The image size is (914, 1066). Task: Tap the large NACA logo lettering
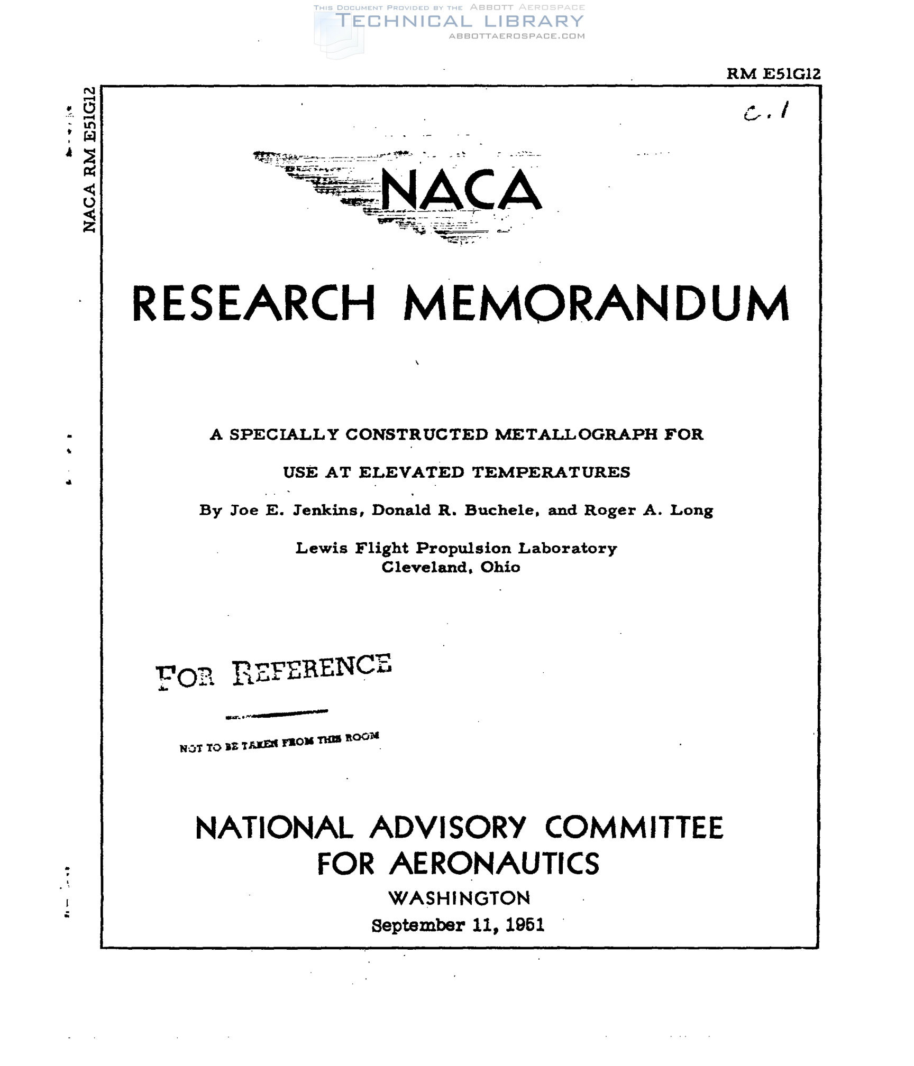(461, 190)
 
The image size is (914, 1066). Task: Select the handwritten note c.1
(766, 112)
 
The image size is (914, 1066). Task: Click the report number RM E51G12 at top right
(773, 74)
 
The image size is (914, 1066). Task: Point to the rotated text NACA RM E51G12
(90, 159)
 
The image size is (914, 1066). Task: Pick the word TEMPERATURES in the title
(551, 472)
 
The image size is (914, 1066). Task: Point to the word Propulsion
(463, 548)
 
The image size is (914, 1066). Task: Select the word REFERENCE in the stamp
(312, 669)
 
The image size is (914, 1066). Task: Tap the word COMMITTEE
(634, 828)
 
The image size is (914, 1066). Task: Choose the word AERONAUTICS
(495, 864)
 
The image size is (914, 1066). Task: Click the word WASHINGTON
(459, 898)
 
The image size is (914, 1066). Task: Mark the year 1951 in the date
(525, 925)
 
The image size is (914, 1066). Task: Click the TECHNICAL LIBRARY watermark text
(460, 21)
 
